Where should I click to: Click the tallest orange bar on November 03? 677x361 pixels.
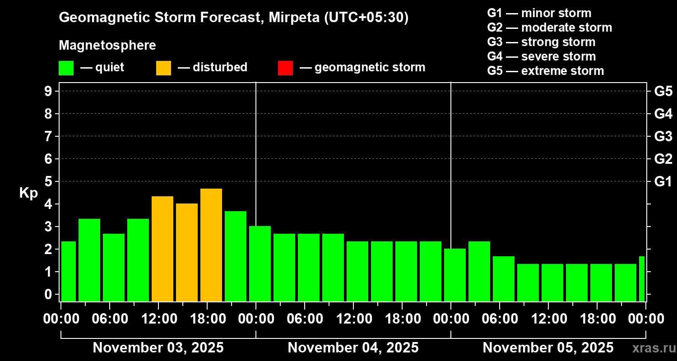[x=211, y=245]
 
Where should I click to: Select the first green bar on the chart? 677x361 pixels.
[x=69, y=271]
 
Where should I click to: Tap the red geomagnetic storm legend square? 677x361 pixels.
[x=285, y=68]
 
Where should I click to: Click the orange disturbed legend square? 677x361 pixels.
[x=163, y=68]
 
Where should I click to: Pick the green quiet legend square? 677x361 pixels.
[x=66, y=68]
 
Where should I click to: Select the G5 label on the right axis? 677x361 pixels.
[x=663, y=92]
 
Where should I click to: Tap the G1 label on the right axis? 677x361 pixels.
[x=663, y=182]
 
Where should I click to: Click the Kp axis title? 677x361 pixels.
[x=28, y=193]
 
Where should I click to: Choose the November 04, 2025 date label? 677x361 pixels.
[x=353, y=348]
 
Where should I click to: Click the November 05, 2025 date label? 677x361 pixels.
[x=548, y=348]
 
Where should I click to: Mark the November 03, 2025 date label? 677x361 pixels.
[x=158, y=348]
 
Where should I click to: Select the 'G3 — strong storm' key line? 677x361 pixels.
[x=541, y=42]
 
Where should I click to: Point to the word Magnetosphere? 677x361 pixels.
[x=107, y=46]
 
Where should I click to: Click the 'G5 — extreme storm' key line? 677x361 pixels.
[x=545, y=71]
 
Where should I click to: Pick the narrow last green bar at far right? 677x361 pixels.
[x=642, y=278]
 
